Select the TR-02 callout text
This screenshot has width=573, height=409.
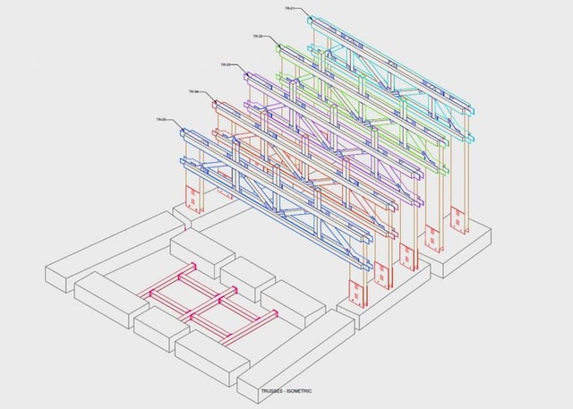(x=257, y=36)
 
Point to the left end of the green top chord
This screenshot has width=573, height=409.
(x=280, y=49)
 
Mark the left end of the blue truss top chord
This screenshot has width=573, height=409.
(x=184, y=133)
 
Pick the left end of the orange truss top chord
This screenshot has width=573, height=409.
(x=216, y=106)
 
